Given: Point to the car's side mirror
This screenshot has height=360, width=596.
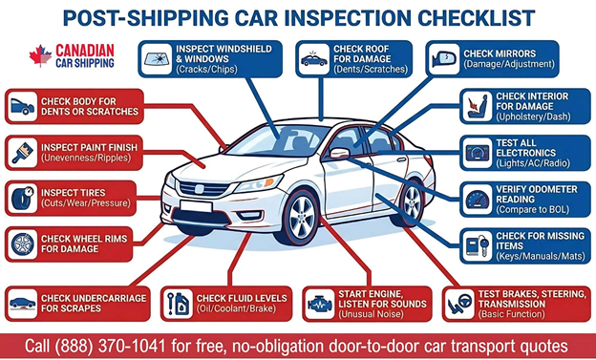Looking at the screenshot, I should [339, 154].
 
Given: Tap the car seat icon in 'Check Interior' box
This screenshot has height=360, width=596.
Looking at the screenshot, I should [478, 104].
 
